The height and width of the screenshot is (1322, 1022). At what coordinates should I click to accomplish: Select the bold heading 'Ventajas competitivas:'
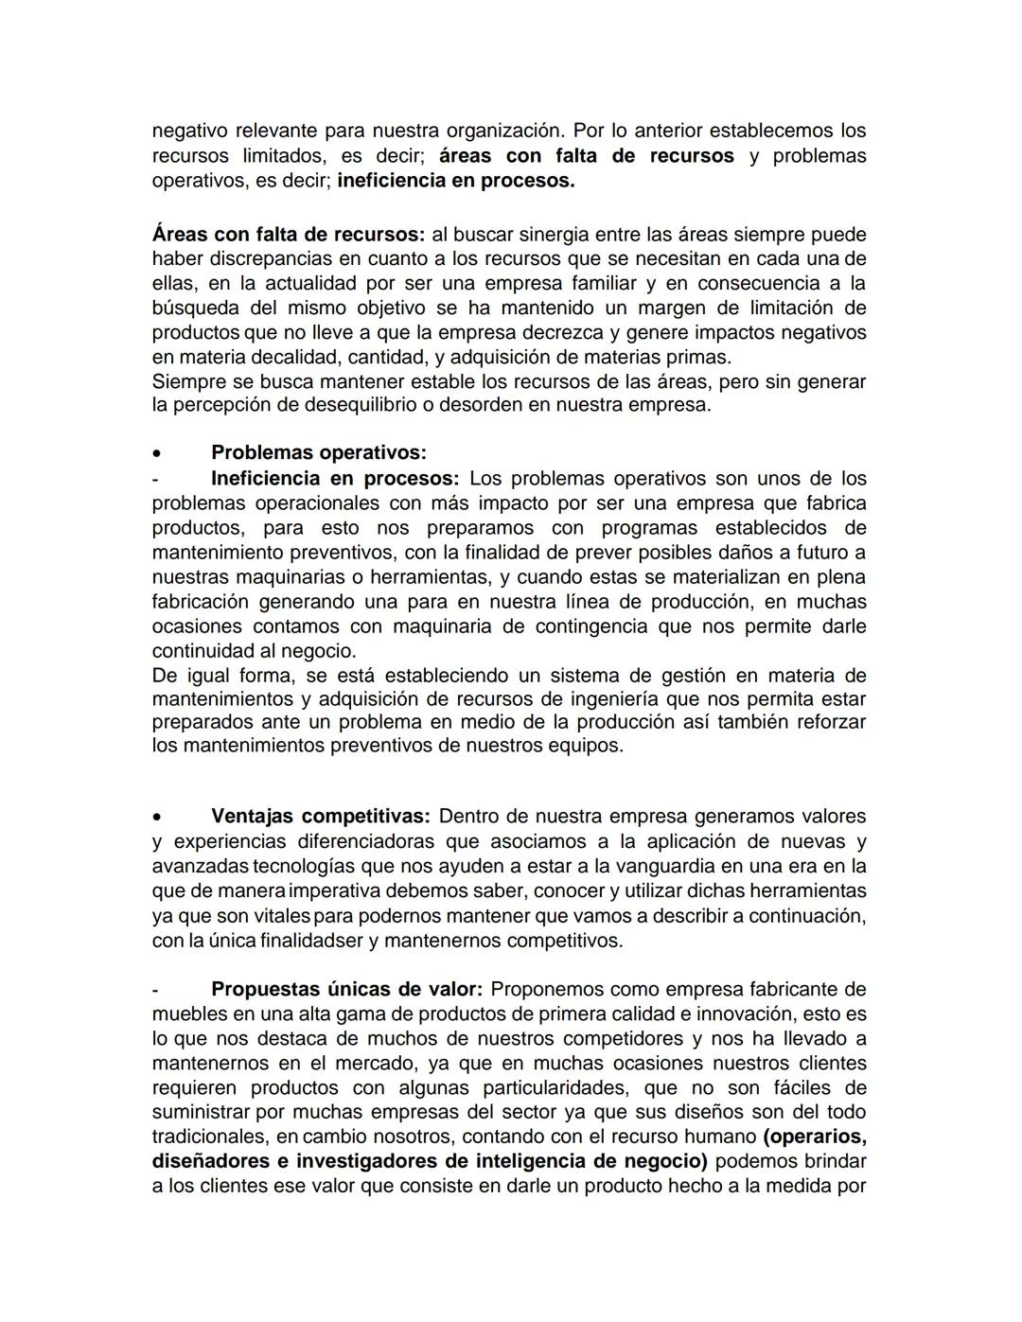point(320,817)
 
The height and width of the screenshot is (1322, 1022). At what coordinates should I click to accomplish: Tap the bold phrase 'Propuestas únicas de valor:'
point(346,990)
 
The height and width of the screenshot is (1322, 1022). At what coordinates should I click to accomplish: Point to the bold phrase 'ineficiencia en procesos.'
point(456,181)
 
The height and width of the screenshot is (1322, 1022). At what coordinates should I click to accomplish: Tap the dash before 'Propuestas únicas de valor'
point(155,990)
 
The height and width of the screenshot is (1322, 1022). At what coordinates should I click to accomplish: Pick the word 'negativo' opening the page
point(189,131)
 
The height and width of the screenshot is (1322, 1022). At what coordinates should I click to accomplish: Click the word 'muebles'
point(186,1014)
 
